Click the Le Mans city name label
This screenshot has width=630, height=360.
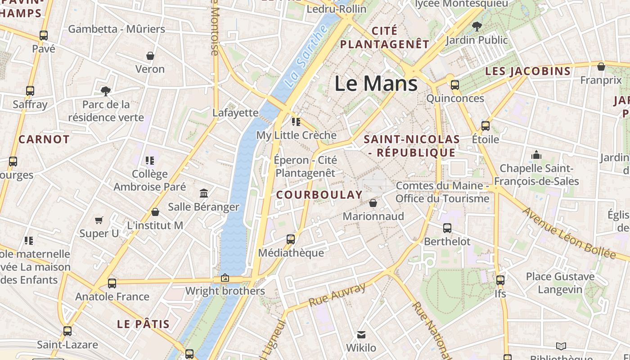[x=376, y=84]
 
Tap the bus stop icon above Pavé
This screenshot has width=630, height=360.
[x=44, y=36]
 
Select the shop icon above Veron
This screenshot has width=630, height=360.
[x=150, y=56]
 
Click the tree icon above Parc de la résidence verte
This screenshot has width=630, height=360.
[x=106, y=91]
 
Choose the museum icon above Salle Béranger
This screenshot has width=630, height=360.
[x=203, y=193]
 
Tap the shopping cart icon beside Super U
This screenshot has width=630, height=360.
[x=99, y=220]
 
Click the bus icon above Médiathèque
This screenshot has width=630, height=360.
[x=291, y=239]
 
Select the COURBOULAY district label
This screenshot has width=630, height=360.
[x=319, y=195]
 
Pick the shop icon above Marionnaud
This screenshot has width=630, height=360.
[x=373, y=203]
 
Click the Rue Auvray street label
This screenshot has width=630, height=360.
[x=337, y=295]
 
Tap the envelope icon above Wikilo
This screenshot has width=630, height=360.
[x=361, y=334]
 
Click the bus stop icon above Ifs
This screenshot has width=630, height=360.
[x=500, y=280]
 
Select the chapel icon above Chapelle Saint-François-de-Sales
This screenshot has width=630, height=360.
[x=536, y=155]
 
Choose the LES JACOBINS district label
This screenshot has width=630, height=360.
[x=528, y=71]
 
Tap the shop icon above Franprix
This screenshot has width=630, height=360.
[x=601, y=67]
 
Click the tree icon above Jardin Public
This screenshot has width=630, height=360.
[x=477, y=27]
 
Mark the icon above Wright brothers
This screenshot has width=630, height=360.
[x=225, y=278]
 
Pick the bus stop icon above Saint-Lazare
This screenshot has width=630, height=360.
[x=67, y=331]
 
